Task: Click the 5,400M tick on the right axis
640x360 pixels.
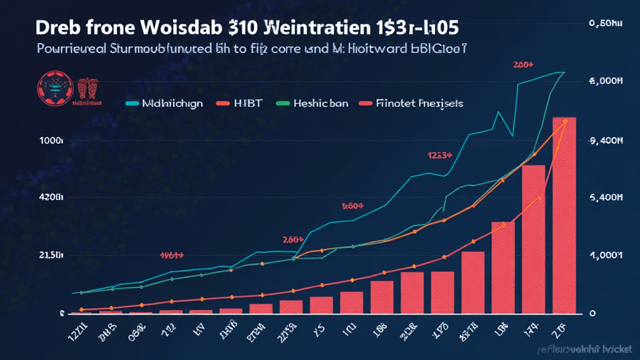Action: (607, 197)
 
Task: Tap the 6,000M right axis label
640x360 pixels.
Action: (607, 81)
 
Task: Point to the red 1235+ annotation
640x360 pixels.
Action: (439, 155)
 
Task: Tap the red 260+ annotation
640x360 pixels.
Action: (292, 239)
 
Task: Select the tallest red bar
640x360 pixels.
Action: (564, 215)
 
